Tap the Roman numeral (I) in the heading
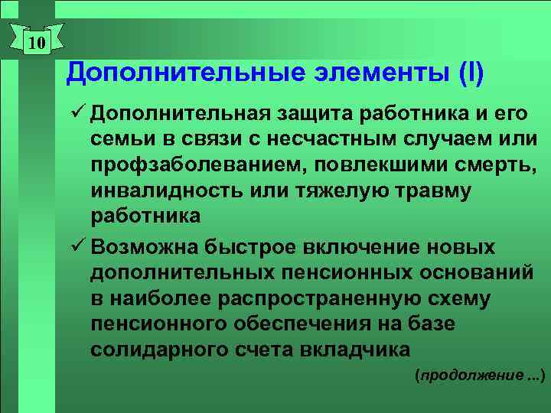click(469, 73)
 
